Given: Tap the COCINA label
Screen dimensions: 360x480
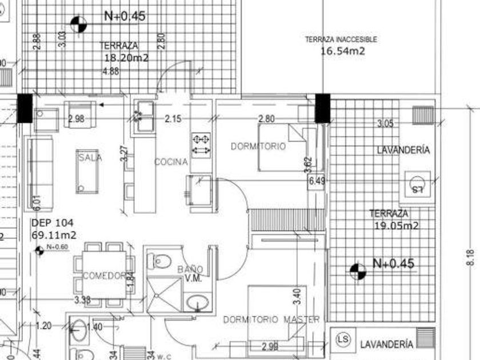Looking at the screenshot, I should [171, 162].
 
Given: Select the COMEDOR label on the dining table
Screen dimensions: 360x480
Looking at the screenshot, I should [105, 276].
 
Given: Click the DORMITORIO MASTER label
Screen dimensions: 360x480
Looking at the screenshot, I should [271, 319].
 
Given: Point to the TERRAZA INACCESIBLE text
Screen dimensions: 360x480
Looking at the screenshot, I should [341, 39].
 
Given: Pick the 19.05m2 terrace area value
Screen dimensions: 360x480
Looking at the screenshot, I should [397, 226].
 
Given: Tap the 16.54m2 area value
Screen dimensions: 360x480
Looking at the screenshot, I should [342, 51].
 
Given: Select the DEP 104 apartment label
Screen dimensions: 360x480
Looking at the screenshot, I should [53, 223].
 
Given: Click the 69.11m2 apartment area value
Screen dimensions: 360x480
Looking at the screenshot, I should [54, 235].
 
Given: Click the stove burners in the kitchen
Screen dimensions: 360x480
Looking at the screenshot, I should [201, 143].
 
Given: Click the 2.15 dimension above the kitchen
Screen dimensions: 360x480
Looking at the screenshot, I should [173, 119].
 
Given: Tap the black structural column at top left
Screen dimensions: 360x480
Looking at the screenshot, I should [25, 108].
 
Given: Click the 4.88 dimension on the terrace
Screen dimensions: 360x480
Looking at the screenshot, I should [110, 71].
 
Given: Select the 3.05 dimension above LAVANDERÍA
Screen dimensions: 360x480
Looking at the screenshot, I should [386, 123].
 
